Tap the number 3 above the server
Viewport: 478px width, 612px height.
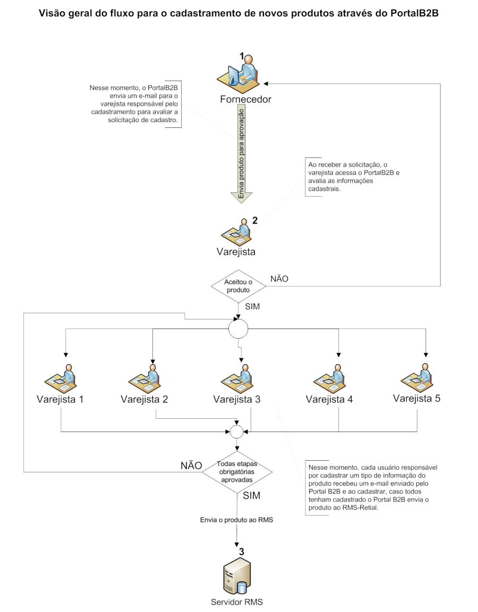(241, 551)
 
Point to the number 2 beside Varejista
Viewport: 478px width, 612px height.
(255, 221)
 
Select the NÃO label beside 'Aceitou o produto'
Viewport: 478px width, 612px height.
(279, 279)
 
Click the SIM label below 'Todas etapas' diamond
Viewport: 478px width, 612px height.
(252, 495)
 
